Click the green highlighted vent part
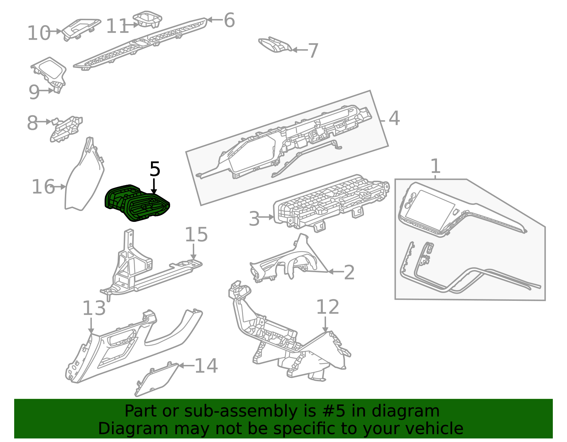coord(137,203)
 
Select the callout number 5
coord(155,169)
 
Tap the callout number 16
coord(43,186)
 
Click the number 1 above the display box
coord(435,166)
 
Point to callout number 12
coord(327,307)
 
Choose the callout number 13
coord(94,308)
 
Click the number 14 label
coord(206,366)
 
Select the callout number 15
coord(196,234)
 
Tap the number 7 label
coord(313,51)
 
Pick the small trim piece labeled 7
coord(275,45)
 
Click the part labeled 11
coord(147,19)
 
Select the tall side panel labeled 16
coord(84,174)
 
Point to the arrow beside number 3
coord(266,217)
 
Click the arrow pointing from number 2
coord(336,272)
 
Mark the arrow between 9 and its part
coord(46,91)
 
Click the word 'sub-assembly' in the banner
coord(241,411)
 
